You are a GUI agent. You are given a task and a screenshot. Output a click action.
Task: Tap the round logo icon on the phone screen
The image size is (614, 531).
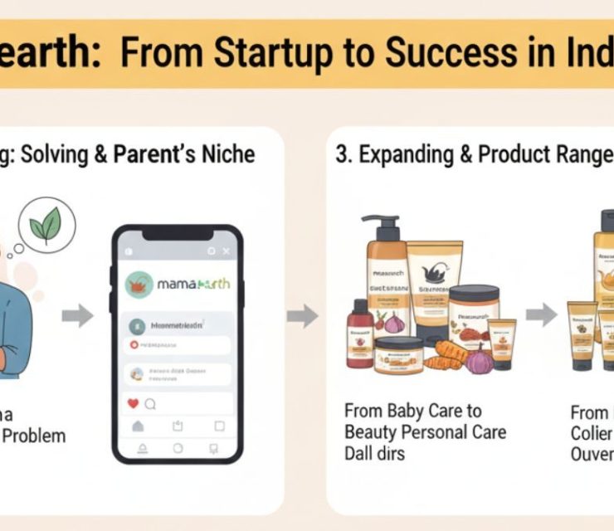click(x=139, y=285)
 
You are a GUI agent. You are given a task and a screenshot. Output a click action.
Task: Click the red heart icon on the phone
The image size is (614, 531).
click(x=132, y=404)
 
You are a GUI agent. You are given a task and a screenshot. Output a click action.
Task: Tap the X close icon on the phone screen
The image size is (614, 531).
click(x=227, y=251)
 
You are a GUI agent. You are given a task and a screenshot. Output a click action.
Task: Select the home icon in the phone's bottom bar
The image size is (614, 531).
click(x=139, y=426)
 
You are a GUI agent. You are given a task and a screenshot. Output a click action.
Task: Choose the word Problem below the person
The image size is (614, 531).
click(x=33, y=436)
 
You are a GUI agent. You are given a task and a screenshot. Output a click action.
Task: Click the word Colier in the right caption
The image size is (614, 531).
click(x=591, y=432)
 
